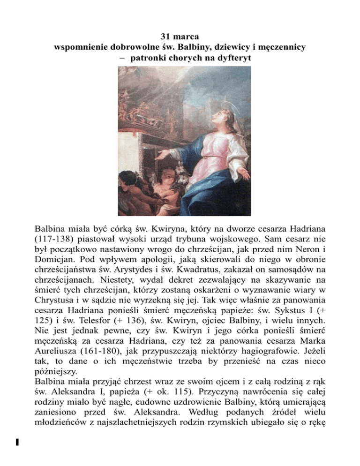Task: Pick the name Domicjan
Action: pyautogui.click(x=56, y=264)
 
